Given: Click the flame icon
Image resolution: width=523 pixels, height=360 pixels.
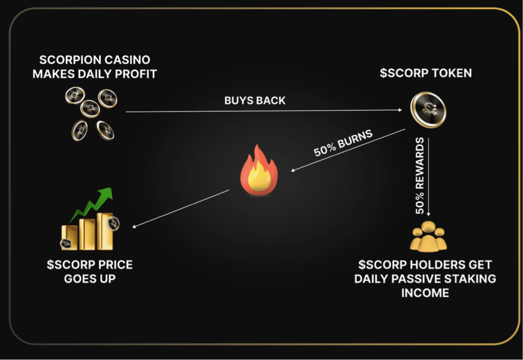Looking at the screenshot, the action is point(259,170).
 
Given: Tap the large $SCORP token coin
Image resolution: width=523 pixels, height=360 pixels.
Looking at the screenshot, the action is point(429,110).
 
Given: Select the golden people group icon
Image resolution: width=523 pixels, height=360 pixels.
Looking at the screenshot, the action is point(429,236).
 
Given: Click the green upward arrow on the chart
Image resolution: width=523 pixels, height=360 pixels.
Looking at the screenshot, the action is point(92,204).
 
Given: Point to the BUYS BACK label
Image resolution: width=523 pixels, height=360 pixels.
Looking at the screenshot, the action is point(255,100).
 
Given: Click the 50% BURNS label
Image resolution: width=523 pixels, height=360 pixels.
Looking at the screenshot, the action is point(343,142).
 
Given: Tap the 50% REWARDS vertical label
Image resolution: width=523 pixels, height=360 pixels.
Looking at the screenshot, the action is point(420,175).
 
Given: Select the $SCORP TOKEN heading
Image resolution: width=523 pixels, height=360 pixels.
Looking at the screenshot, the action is point(426,73).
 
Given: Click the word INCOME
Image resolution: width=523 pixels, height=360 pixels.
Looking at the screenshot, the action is point(425,293).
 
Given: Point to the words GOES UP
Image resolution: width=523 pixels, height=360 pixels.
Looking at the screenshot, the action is point(90,279).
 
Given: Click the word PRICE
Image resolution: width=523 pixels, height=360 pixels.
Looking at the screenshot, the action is point(115,265).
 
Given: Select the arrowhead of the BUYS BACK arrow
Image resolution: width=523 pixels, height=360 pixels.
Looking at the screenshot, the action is point(400,110).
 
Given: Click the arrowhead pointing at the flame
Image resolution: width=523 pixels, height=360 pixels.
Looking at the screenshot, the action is point(293,171).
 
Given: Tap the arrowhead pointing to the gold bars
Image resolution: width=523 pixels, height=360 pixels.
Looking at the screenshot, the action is point(134,227).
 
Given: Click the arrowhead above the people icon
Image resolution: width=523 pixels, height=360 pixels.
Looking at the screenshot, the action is point(429,214).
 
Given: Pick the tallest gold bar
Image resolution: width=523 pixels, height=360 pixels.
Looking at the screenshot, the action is point(105,231).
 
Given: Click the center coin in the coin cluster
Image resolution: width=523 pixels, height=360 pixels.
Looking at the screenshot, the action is point(90,108).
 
